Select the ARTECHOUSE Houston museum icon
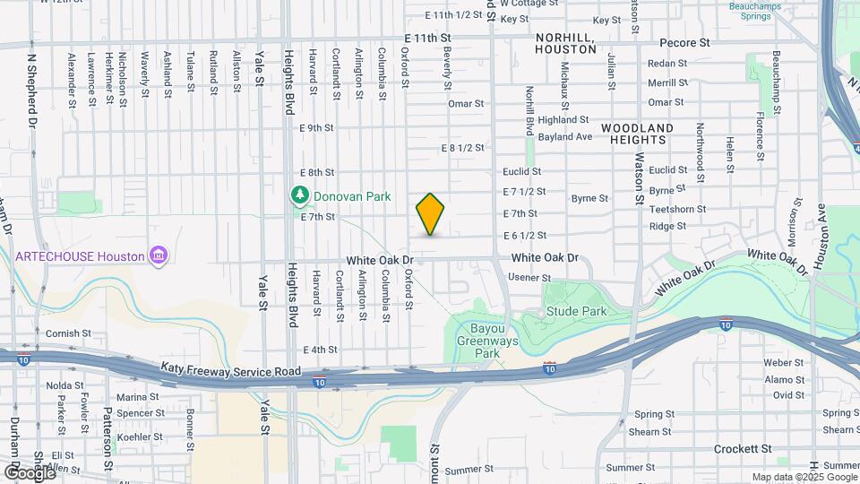click(x=159, y=256)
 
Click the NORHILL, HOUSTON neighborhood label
click(x=565, y=43)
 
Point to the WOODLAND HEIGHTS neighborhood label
click(x=637, y=134)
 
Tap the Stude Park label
click(x=576, y=312)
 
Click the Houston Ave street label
click(x=820, y=237)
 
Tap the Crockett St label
click(x=743, y=448)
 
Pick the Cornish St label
click(x=64, y=333)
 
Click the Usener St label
click(x=529, y=278)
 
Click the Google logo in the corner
click(x=29, y=472)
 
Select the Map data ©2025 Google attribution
click(x=804, y=477)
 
